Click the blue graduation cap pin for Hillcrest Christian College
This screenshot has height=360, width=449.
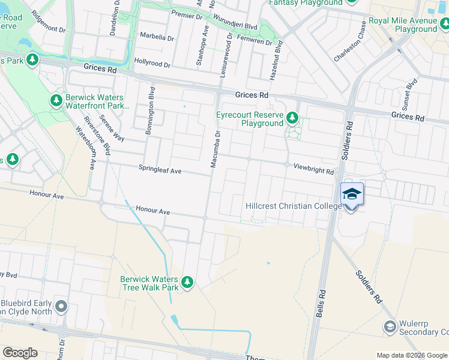click(352, 194)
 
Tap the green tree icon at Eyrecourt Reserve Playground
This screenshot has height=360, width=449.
click(292, 117)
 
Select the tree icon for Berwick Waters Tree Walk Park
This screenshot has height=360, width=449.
click(187, 282)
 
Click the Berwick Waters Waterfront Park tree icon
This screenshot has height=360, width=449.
click(56, 100)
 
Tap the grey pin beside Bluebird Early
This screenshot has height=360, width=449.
click(61, 307)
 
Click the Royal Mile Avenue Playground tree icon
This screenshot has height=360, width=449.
click(444, 23)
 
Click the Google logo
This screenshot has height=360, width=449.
click(20, 353)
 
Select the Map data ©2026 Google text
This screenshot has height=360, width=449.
click(412, 355)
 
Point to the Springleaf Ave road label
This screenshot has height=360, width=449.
click(160, 170)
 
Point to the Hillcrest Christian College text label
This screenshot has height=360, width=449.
click(294, 206)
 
